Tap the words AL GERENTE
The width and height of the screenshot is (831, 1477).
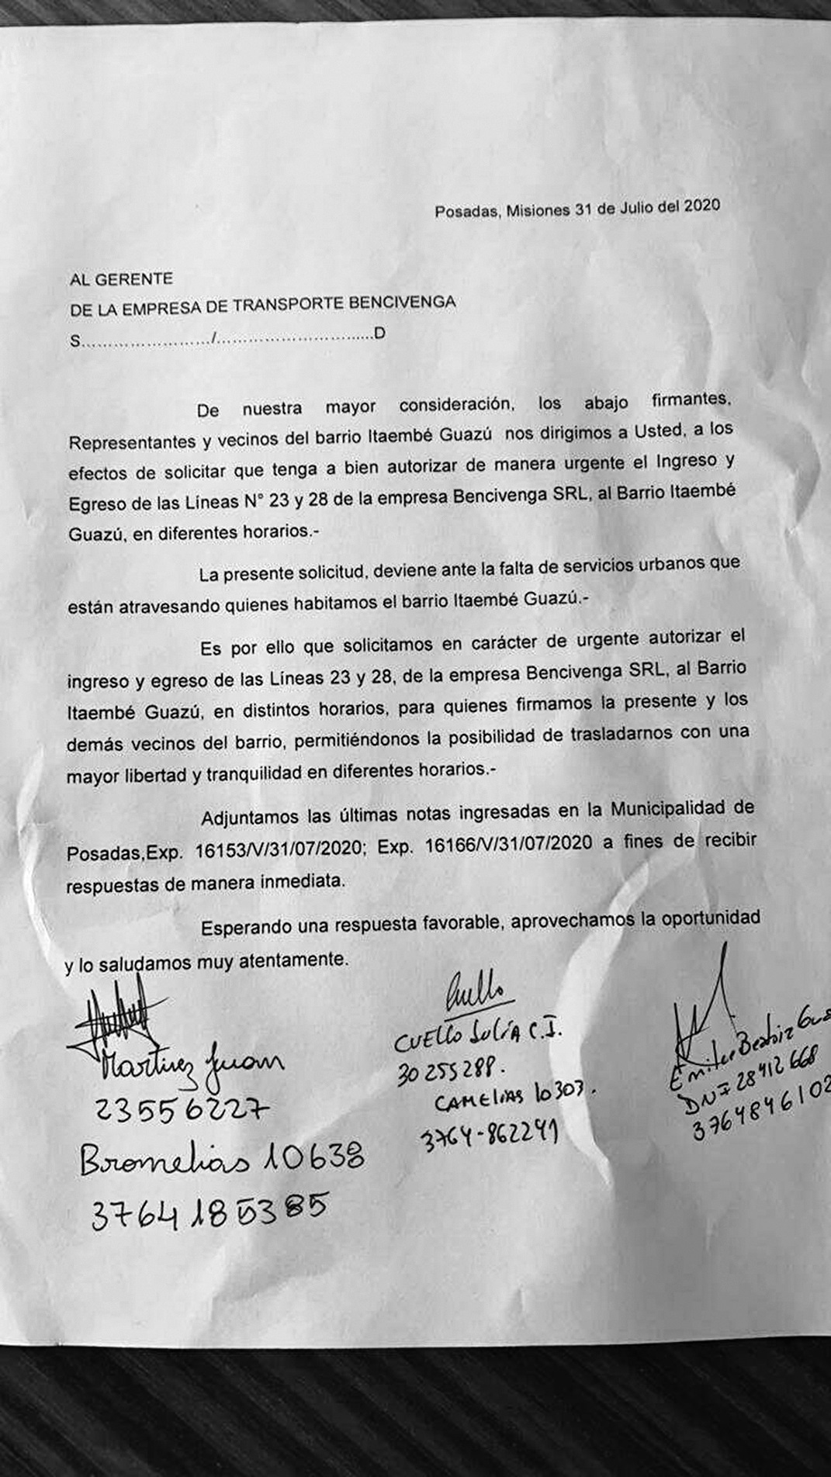(121, 278)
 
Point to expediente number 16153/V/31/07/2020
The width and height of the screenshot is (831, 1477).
(278, 848)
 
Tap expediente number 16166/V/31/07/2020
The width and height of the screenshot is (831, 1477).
(509, 844)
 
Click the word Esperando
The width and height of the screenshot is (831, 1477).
(242, 927)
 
